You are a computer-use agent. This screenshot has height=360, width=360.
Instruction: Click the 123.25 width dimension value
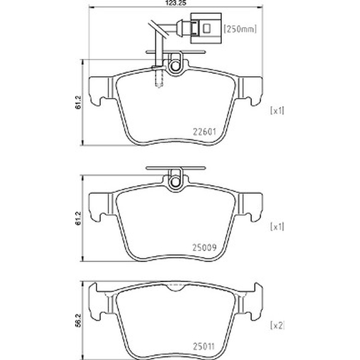tap(176, 3)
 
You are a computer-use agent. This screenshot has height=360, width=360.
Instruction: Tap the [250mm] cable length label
tap(240, 29)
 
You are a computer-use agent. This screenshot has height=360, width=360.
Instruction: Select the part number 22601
tap(205, 132)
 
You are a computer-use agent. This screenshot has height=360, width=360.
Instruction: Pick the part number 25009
tap(205, 247)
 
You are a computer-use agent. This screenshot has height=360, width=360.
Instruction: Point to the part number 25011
tap(204, 346)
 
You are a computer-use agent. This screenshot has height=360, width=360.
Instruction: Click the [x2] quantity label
tap(277, 325)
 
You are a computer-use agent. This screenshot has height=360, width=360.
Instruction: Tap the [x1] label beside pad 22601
tap(277, 111)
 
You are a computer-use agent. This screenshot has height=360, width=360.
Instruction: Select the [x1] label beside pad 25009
tap(277, 227)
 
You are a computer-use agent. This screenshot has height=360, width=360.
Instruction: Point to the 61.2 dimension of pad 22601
tap(78, 103)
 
